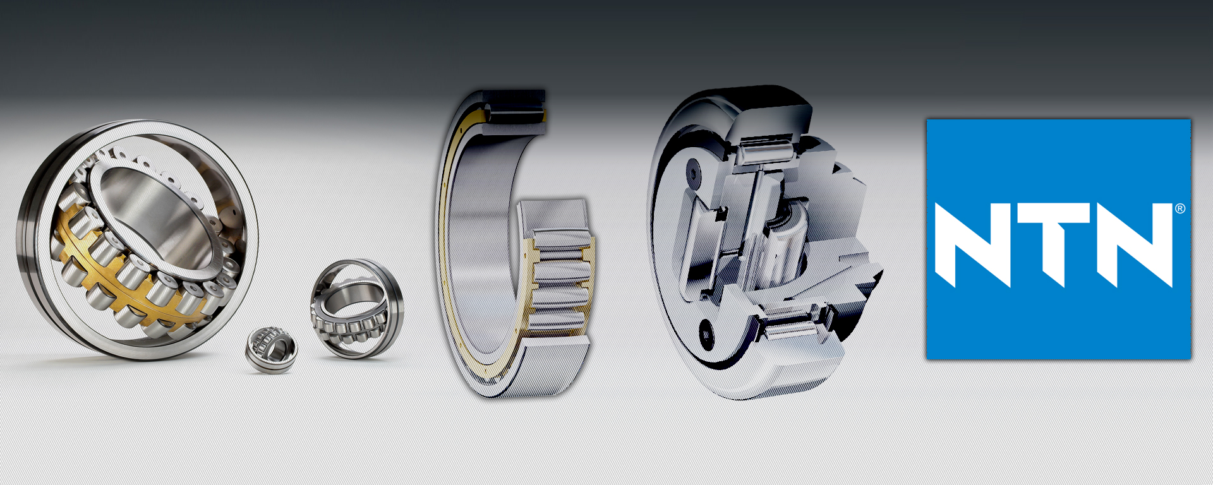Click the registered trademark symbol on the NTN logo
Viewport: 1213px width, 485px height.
[1180, 208]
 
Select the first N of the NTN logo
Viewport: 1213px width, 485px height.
[973, 245]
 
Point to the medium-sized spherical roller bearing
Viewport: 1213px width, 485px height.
[357, 308]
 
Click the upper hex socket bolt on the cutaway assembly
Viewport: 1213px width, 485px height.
[695, 172]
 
